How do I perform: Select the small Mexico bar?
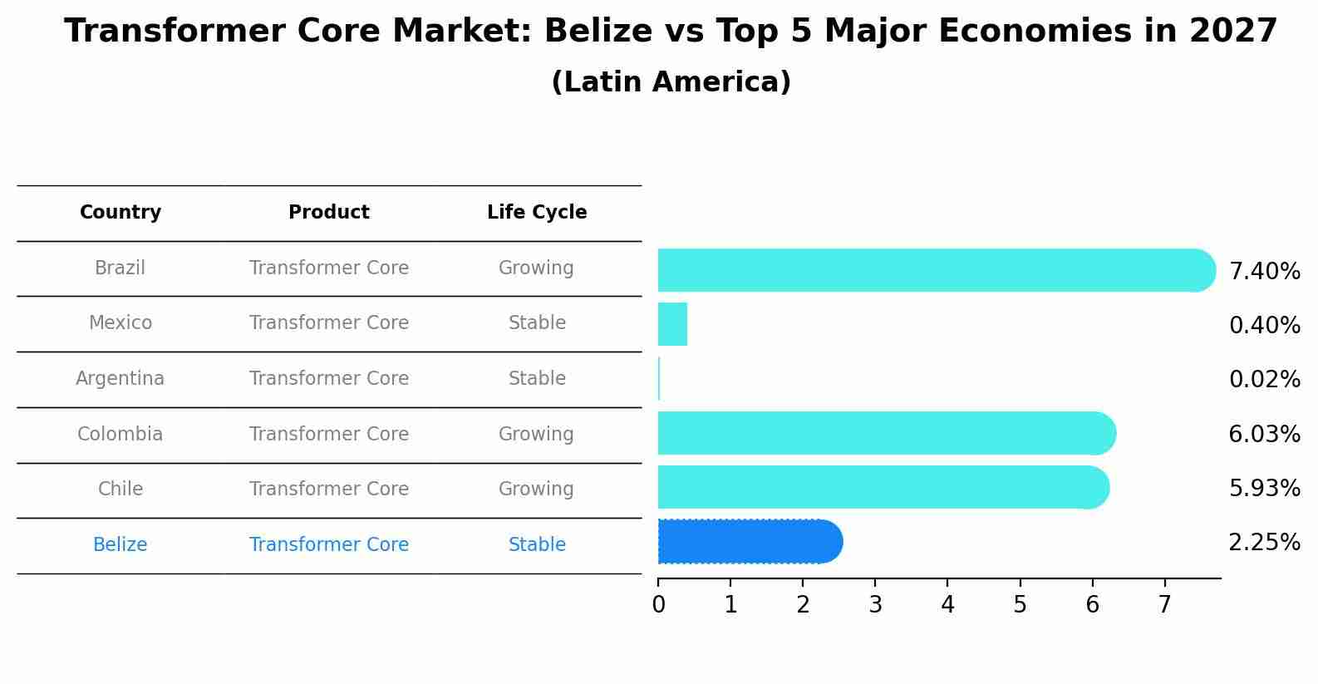(672, 324)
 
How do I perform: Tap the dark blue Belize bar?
(748, 542)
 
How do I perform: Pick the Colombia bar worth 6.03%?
(885, 433)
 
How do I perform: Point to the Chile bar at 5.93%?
(881, 488)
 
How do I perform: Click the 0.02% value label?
(1264, 380)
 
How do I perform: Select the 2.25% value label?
(1264, 543)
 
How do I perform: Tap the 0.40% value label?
(1264, 325)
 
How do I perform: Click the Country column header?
(120, 213)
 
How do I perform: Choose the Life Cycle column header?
(537, 213)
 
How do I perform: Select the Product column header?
(329, 213)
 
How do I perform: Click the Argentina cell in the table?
(120, 379)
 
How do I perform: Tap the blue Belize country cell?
(120, 545)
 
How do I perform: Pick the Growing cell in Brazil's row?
(536, 268)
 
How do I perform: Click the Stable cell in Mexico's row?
(537, 323)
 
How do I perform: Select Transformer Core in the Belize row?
(329, 545)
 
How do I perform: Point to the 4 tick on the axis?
(947, 605)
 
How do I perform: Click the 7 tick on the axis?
(1164, 605)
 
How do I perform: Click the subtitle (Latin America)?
(671, 82)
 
